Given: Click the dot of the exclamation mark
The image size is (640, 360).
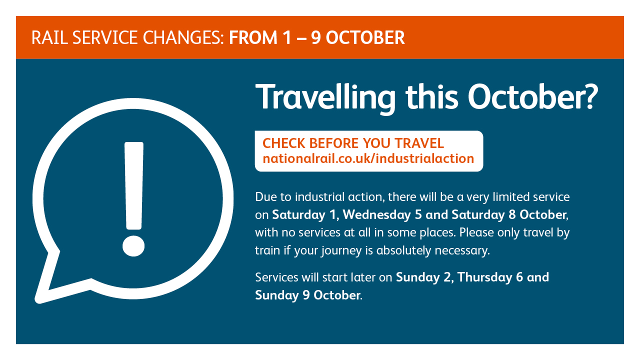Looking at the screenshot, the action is tap(133, 246).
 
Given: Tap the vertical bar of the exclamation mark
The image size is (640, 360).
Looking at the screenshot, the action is tap(134, 185).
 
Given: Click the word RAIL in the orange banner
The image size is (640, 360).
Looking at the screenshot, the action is tap(49, 37).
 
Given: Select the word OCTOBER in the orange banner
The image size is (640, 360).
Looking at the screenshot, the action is tap(365, 37).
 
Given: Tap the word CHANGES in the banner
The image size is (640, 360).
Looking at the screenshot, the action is tap(183, 37).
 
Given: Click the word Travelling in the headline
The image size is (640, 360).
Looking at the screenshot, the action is tap(325, 97).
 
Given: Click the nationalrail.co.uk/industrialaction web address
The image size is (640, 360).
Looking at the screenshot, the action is tap(368, 158).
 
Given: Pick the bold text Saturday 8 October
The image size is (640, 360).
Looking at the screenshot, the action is tap(509, 214).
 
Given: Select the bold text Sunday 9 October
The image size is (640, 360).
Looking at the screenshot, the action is tap(307, 295).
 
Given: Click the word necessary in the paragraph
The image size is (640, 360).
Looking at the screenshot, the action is tap(462, 250).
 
